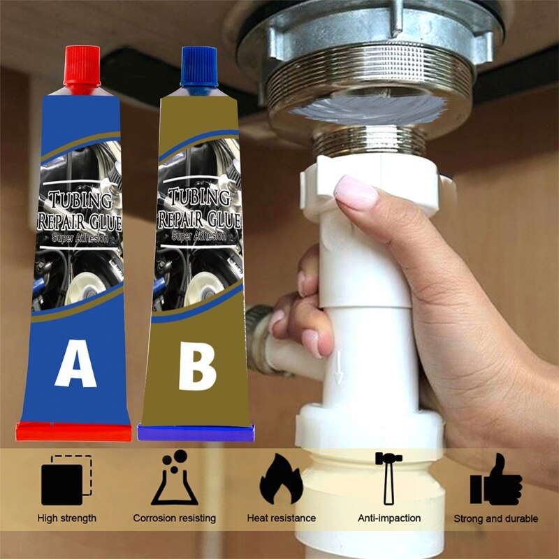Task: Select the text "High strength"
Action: click(x=67, y=518)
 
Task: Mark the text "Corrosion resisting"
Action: click(x=175, y=518)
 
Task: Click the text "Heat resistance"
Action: click(x=282, y=518)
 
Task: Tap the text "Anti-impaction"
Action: click(x=389, y=518)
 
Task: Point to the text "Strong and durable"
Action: click(x=496, y=518)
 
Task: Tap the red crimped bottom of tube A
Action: click(x=74, y=432)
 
